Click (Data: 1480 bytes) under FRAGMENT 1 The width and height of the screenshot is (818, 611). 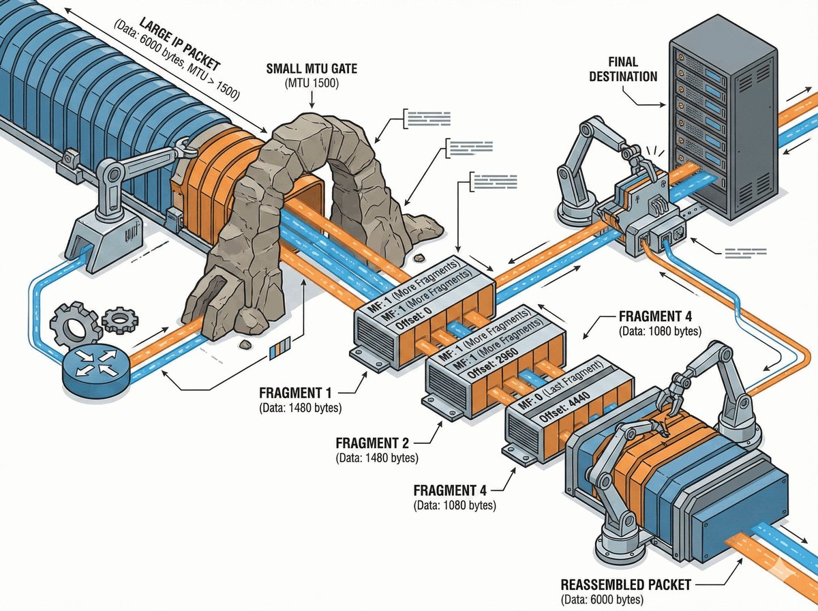pyautogui.click(x=300, y=408)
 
